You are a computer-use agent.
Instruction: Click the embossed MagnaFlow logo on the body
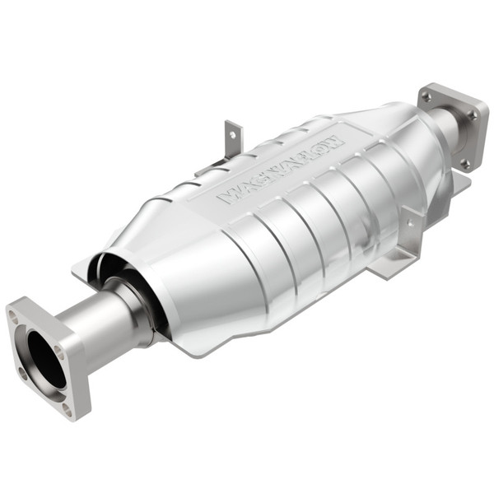click(280, 169)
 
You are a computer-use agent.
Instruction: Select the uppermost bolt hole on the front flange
click(13, 314)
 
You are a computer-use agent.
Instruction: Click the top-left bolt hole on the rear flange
click(426, 96)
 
